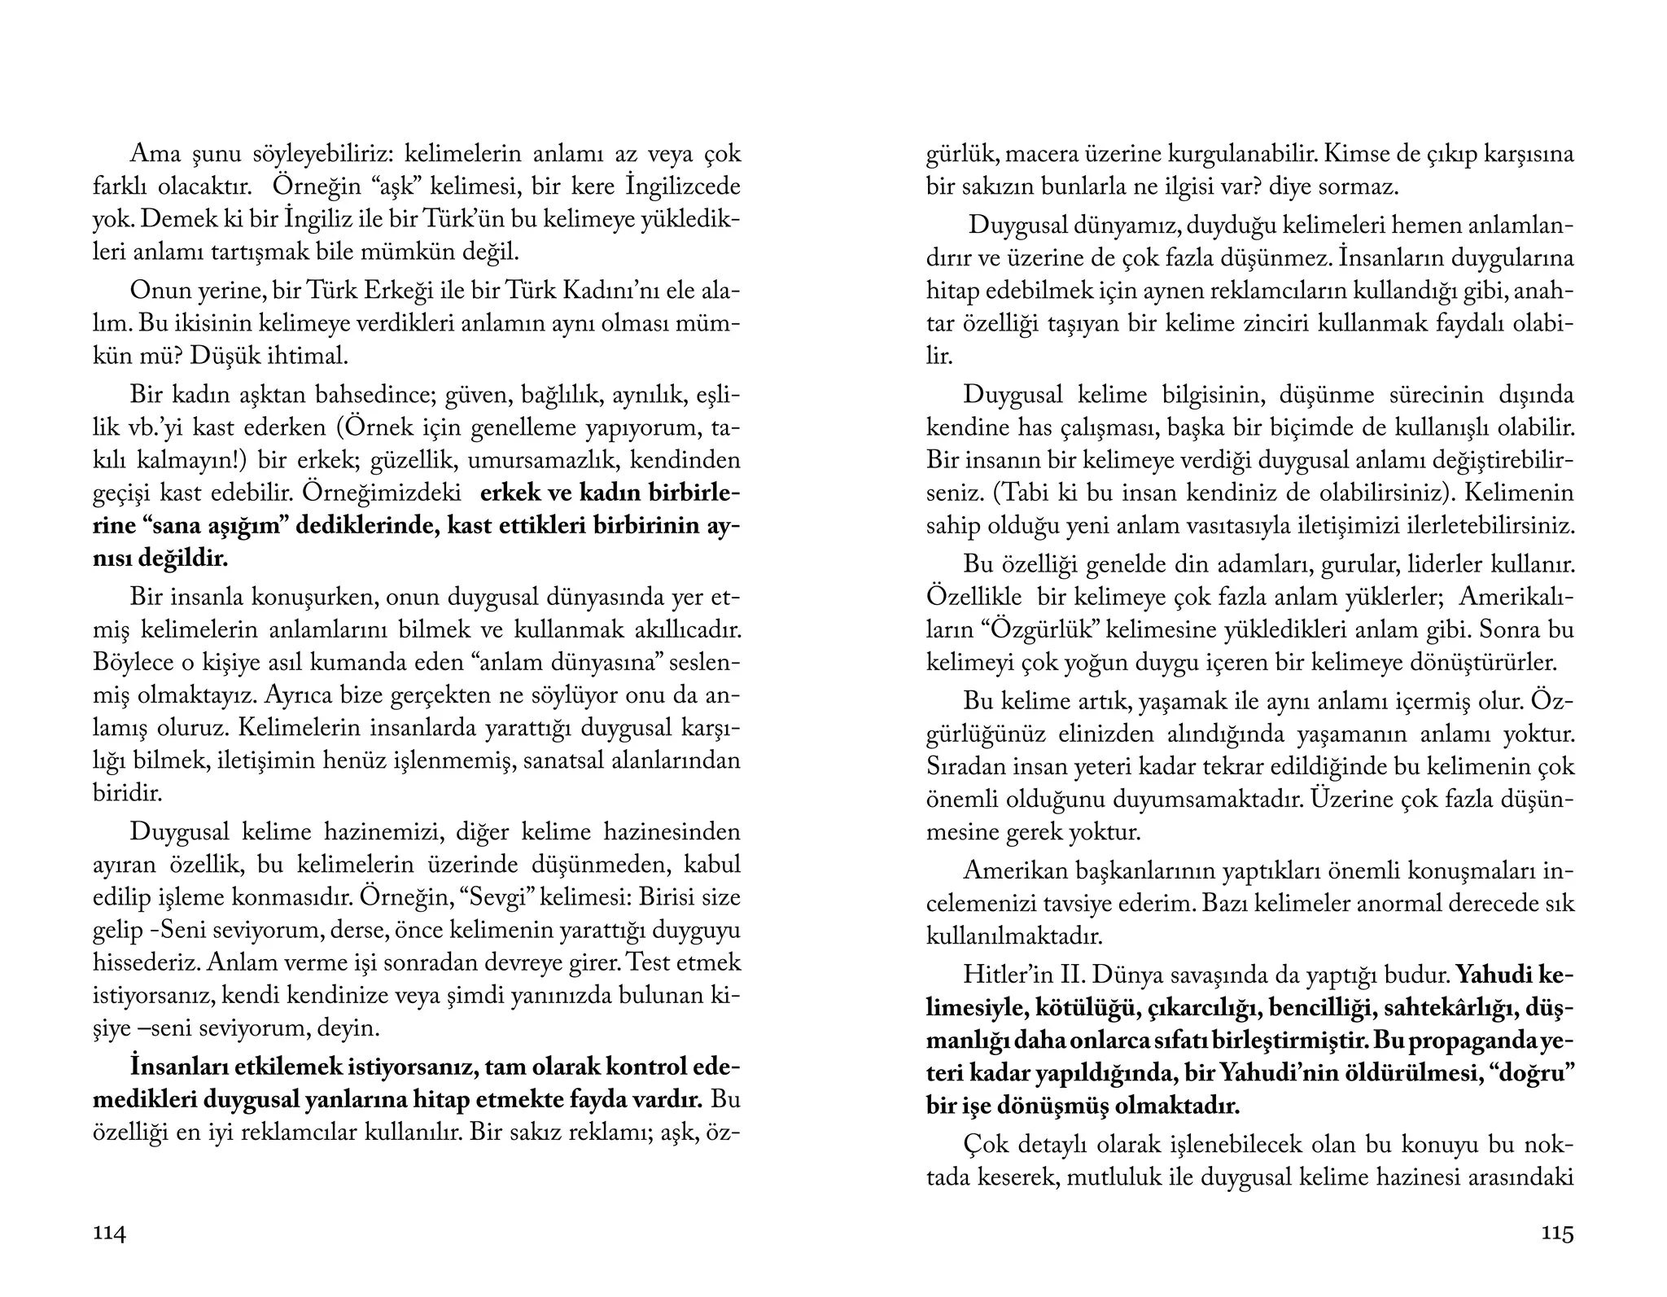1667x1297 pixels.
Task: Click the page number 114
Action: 110,1233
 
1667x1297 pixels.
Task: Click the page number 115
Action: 1557,1233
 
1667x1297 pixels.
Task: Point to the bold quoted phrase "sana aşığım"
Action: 217,525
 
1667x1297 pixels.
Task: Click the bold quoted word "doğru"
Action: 1533,1073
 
